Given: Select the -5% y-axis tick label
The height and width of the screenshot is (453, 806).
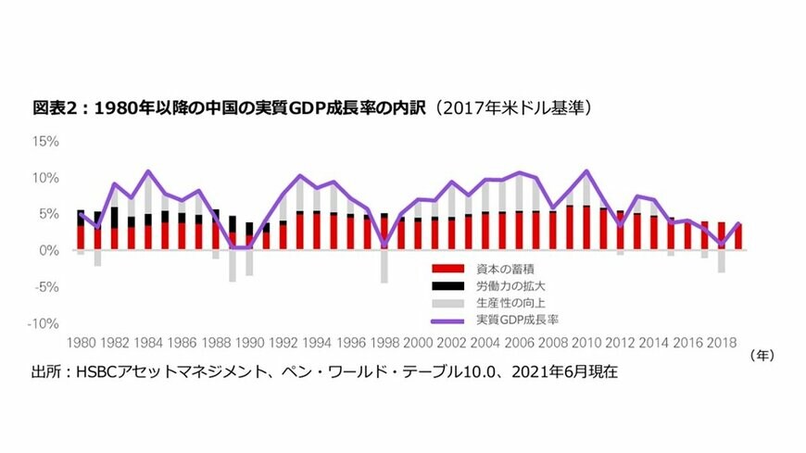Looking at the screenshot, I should point(46,287).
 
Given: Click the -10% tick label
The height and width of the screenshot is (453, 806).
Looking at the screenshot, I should point(44,323).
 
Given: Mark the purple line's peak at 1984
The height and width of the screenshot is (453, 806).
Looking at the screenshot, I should point(148,171).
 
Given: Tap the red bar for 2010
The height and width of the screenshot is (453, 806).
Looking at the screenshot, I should point(585,228).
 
